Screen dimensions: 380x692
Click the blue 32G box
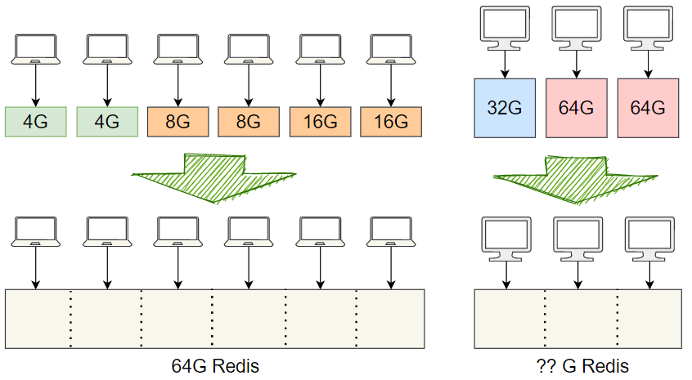(505, 107)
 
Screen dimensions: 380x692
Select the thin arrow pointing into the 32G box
(505, 63)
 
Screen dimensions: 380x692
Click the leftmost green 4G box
(35, 122)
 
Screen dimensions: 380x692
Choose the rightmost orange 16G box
(391, 122)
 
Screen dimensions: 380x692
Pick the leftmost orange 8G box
(177, 122)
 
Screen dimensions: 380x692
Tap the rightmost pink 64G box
(648, 107)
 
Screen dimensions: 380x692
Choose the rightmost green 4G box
(106, 122)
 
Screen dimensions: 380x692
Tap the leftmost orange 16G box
(320, 122)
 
